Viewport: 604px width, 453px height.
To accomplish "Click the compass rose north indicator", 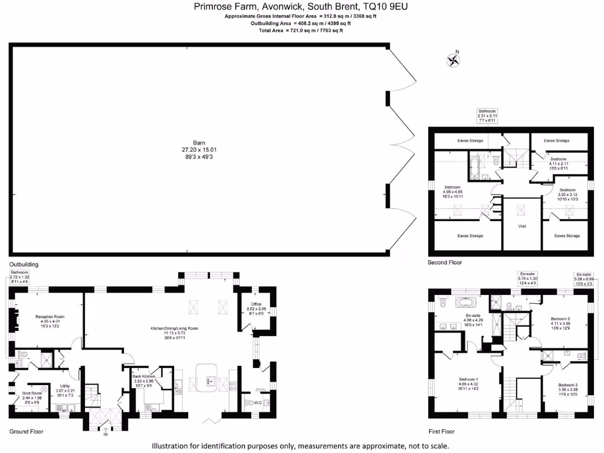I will [x=453, y=59].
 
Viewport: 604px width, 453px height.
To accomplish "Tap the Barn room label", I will [x=199, y=143].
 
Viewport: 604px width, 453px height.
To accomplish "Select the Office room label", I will [x=255, y=304].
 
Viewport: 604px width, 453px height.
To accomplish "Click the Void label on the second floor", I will [x=521, y=226].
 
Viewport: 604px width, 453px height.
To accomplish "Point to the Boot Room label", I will [x=32, y=393].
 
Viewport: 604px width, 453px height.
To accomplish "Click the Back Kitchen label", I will [x=143, y=376].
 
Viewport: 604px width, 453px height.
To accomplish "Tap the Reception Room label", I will [x=50, y=316].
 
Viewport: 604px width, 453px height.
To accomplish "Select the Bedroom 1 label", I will [x=469, y=379].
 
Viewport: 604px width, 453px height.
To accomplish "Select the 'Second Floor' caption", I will [x=445, y=262].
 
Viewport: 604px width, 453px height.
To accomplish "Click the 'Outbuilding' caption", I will [x=24, y=264].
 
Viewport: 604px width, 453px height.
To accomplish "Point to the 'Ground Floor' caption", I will [x=26, y=432].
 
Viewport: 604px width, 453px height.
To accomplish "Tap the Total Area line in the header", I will [x=301, y=30].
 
